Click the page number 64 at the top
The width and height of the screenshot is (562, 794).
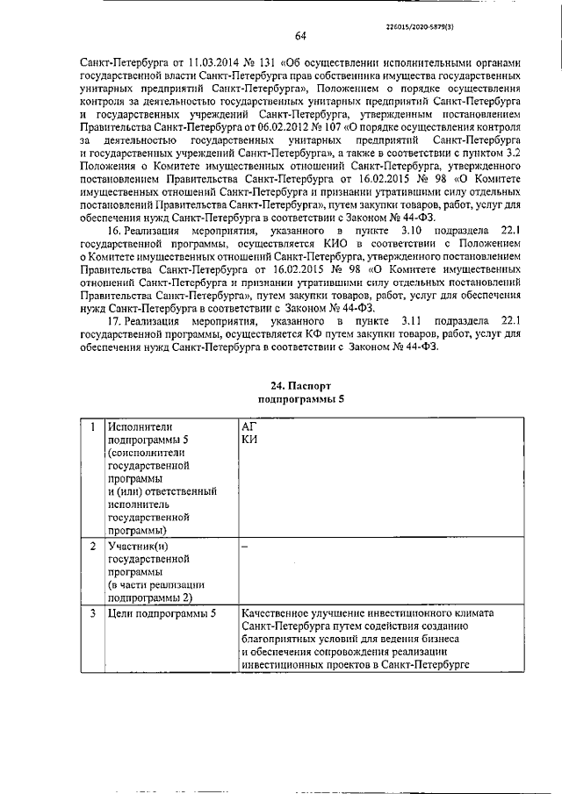pos(299,36)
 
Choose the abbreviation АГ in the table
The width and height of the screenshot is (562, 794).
pos(249,426)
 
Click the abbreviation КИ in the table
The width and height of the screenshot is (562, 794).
pos(249,440)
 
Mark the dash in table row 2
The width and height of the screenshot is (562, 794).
pos(245,547)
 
